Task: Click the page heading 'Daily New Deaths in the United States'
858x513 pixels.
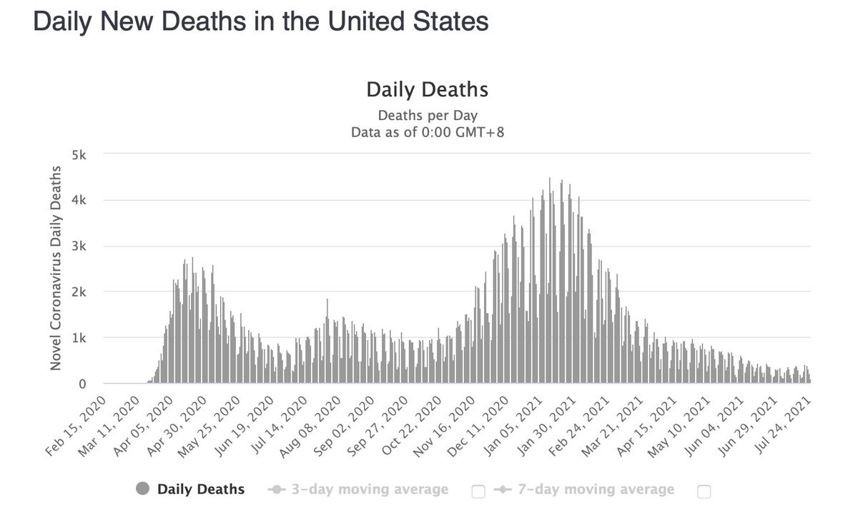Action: click(x=261, y=21)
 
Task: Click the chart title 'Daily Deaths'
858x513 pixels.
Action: click(x=427, y=90)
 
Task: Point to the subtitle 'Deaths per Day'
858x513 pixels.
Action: click(x=427, y=115)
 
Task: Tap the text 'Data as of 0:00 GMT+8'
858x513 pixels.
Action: click(x=427, y=132)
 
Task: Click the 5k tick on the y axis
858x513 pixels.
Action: click(x=79, y=155)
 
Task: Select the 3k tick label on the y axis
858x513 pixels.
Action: click(x=79, y=246)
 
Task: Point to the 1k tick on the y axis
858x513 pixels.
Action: click(x=79, y=338)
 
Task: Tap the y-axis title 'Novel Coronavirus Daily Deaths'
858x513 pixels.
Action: click(x=55, y=268)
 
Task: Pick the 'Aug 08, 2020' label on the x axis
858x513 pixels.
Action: click(x=305, y=421)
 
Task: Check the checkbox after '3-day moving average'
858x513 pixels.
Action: click(x=478, y=491)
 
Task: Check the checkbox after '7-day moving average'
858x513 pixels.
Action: click(x=704, y=491)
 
